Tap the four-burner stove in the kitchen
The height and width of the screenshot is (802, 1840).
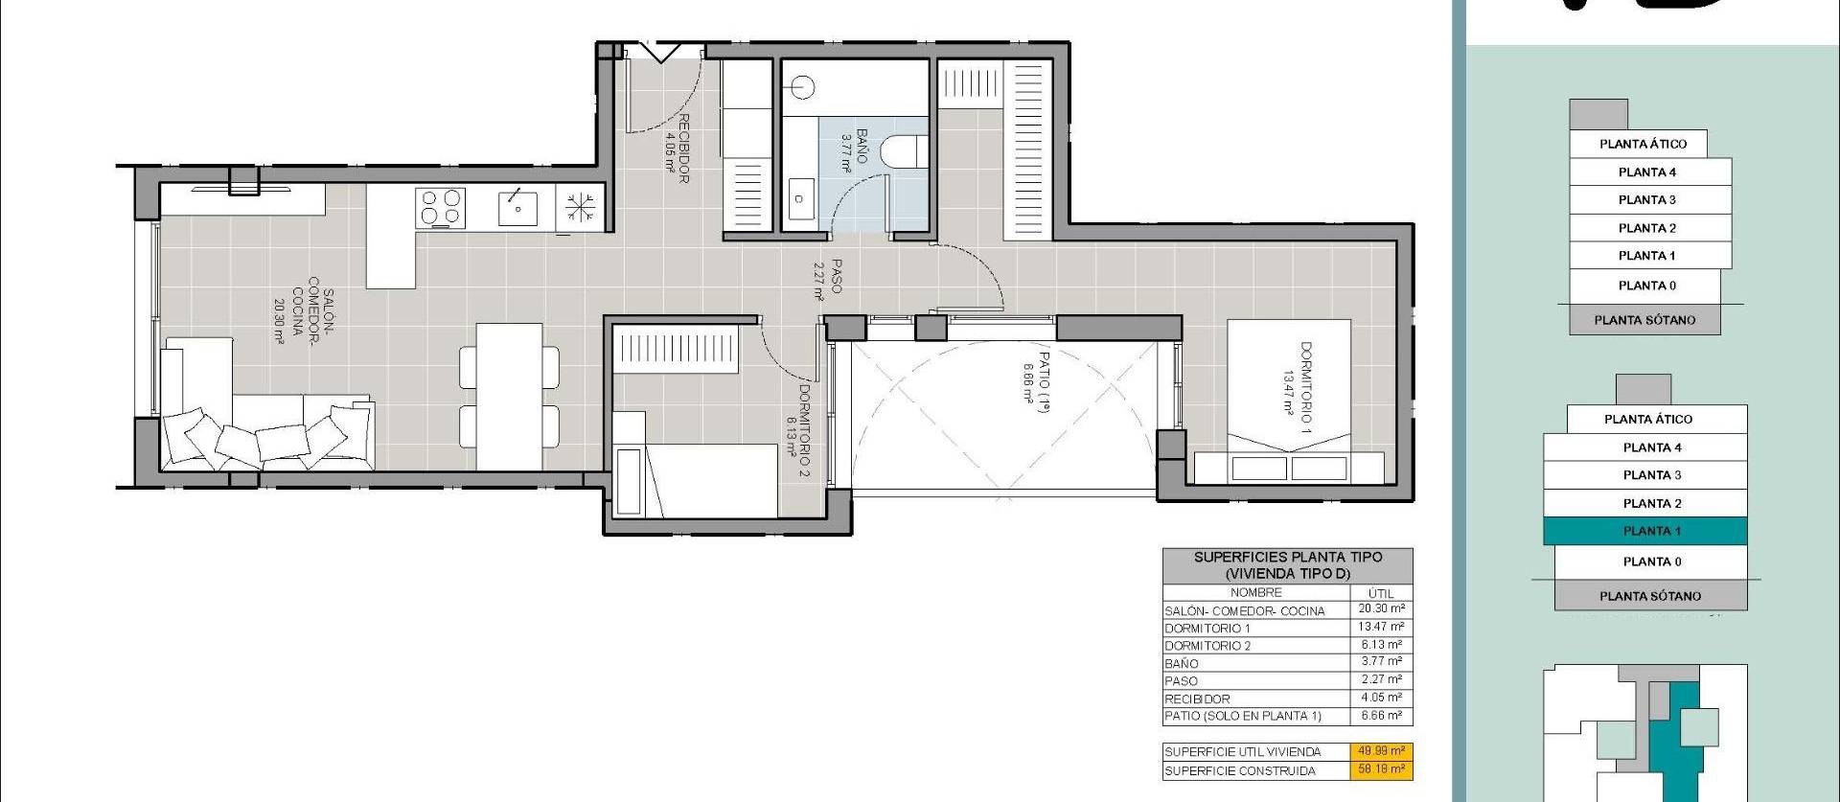coord(441,208)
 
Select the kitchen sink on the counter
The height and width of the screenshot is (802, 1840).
coord(517,208)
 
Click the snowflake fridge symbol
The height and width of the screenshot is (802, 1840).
coord(580,208)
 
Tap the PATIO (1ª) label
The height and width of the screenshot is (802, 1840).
coord(1037,378)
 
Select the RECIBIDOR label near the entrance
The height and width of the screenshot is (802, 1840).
coord(677,149)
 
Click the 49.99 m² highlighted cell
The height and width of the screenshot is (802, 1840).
coord(1381,751)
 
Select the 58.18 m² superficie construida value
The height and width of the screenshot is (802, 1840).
coord(1381,769)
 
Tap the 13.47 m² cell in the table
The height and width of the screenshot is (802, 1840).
coord(1381,627)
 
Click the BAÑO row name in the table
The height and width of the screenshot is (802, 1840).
coord(1182,663)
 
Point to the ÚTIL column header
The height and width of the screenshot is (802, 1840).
coord(1381,593)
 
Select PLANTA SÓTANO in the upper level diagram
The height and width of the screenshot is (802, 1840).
coord(1644,320)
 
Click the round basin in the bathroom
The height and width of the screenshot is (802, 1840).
coord(802,88)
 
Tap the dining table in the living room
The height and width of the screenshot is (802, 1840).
coord(509,396)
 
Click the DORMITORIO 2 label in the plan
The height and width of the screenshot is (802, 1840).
coord(798,431)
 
